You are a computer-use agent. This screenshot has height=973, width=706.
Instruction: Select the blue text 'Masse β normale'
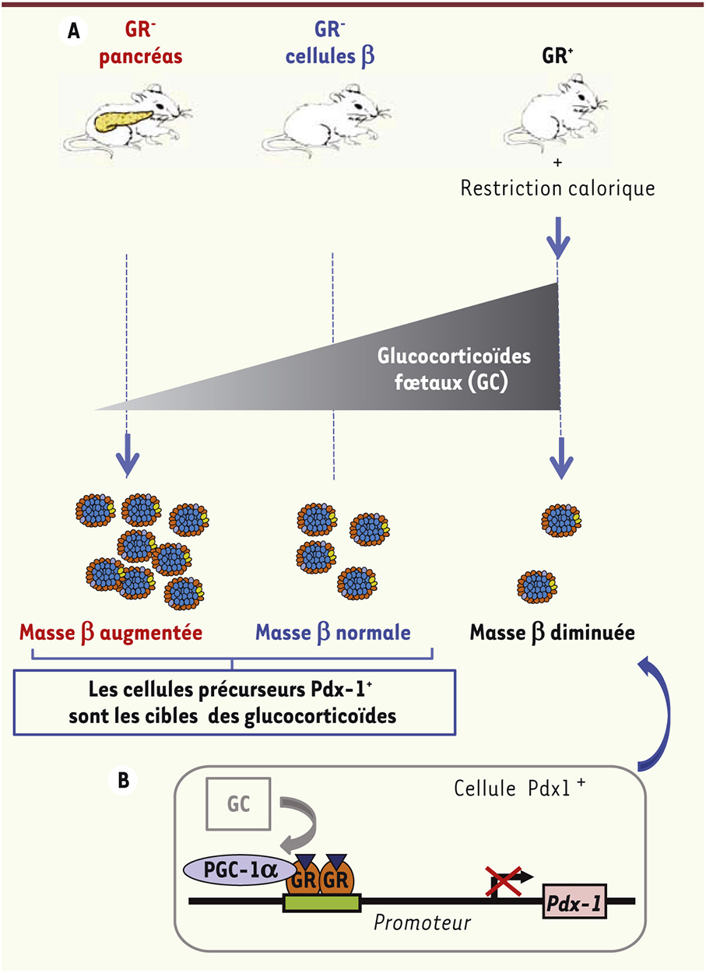(343, 632)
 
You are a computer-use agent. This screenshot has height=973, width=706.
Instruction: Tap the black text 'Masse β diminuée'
(552, 632)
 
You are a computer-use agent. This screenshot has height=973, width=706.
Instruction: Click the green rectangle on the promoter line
(321, 904)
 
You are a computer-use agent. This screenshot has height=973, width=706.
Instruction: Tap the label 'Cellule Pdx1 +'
(515, 787)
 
